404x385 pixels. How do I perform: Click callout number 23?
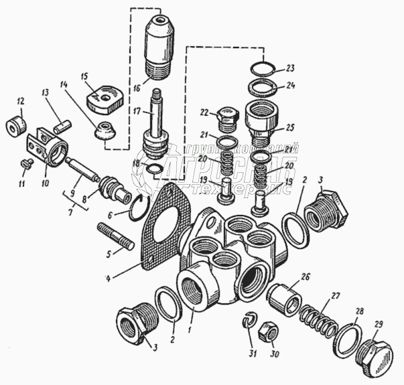pos(289,68)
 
